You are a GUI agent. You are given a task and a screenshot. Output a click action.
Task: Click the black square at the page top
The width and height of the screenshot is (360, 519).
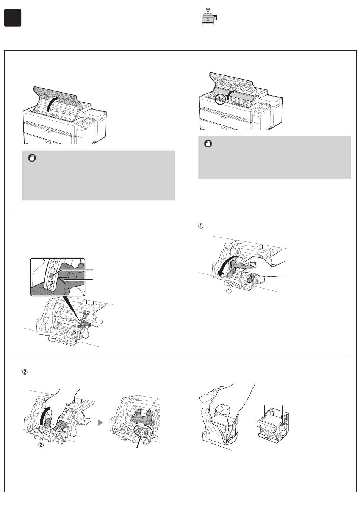(13, 18)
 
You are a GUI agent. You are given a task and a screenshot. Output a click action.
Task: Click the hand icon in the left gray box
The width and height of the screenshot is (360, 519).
(32, 158)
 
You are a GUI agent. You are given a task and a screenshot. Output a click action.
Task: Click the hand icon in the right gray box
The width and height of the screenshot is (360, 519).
(208, 144)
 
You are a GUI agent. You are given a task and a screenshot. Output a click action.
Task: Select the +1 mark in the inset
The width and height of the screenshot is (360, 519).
(53, 268)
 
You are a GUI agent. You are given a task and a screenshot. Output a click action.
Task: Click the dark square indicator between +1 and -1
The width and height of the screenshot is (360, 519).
(52, 275)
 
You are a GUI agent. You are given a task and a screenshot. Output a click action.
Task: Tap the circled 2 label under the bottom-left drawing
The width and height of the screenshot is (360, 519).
(42, 445)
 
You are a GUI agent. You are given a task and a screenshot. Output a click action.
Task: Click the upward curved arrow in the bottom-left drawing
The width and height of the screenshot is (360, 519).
(45, 416)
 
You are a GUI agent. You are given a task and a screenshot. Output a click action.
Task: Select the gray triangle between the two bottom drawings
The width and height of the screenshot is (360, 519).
(100, 422)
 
